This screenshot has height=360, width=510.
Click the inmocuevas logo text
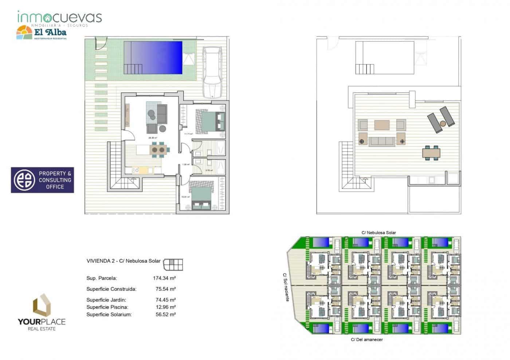click(59, 17)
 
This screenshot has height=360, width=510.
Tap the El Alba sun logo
click(24, 33)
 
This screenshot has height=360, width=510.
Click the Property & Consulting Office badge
click(42, 180)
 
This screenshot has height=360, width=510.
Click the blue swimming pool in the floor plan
click(153, 57)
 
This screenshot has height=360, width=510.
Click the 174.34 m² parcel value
click(164, 278)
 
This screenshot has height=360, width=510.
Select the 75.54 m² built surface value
click(165, 289)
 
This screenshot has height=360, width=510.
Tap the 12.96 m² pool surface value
click(165, 307)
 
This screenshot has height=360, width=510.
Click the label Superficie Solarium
click(109, 314)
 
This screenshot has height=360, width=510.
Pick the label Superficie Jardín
click(106, 300)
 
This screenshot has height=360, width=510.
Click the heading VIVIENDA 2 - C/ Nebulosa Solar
click(123, 261)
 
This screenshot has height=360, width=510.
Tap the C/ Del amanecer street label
click(366, 340)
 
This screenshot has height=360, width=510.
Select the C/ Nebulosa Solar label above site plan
click(378, 233)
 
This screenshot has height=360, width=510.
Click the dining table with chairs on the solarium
click(431, 153)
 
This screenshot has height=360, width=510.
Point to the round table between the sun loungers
click(443, 123)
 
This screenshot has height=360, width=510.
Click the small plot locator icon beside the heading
click(173, 264)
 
